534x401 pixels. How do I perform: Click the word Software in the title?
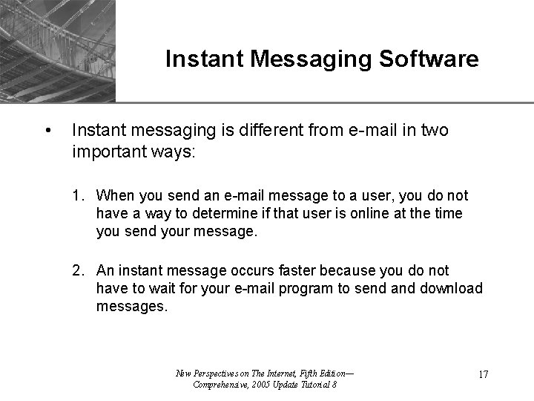tap(431, 59)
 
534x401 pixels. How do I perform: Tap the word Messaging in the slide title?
tap(312, 59)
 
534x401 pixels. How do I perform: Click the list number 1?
tap(78, 196)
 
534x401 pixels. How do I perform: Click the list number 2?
tap(78, 270)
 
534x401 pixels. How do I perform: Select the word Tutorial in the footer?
tap(312, 384)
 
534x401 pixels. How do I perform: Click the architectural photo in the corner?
tap(58, 49)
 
